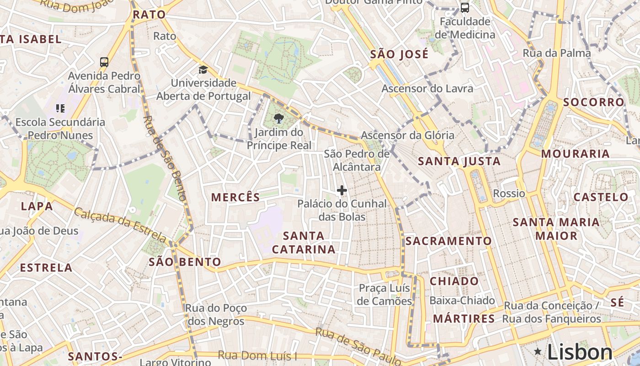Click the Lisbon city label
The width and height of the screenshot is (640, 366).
click(x=580, y=352)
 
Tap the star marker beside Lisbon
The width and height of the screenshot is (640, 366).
click(x=538, y=352)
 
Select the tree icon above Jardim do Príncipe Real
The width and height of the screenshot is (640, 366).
click(x=278, y=119)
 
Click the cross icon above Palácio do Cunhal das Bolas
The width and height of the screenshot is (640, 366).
click(x=341, y=190)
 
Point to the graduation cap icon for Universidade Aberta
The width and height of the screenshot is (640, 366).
click(x=203, y=70)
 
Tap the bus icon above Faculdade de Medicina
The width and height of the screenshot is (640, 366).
click(x=464, y=7)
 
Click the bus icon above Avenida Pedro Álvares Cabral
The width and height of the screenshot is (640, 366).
click(x=104, y=62)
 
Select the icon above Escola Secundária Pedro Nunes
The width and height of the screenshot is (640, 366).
click(x=60, y=108)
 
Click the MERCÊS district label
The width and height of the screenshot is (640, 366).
click(x=235, y=198)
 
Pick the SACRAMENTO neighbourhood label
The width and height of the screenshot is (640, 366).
click(x=448, y=241)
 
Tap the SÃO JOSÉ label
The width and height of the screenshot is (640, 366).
click(x=399, y=54)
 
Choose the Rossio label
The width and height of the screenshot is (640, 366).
click(x=509, y=194)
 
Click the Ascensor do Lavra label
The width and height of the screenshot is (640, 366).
click(x=427, y=88)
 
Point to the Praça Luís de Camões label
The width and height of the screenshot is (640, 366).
click(x=384, y=295)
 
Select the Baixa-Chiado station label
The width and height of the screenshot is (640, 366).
click(x=462, y=301)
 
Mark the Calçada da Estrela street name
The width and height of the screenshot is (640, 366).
click(x=121, y=225)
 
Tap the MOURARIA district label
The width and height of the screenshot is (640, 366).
click(x=575, y=154)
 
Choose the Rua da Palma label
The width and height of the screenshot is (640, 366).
click(x=557, y=53)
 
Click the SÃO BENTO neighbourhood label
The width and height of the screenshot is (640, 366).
click(x=185, y=262)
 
